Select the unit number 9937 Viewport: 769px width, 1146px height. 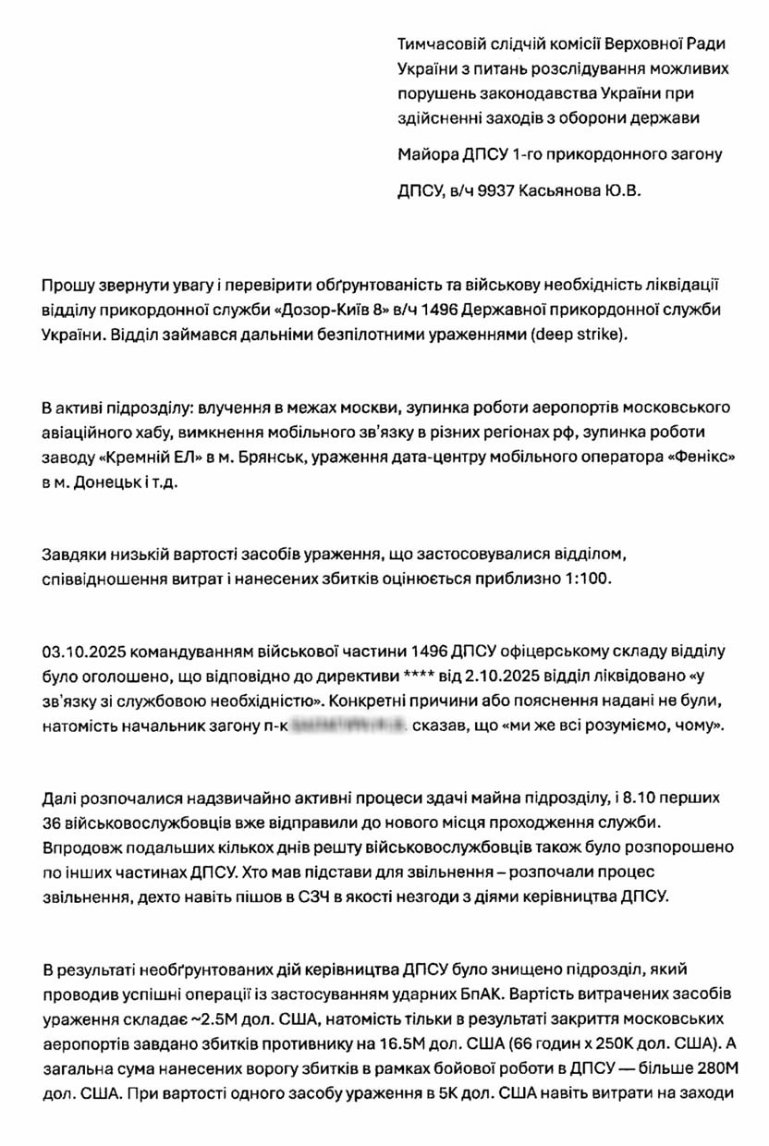[x=496, y=191]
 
